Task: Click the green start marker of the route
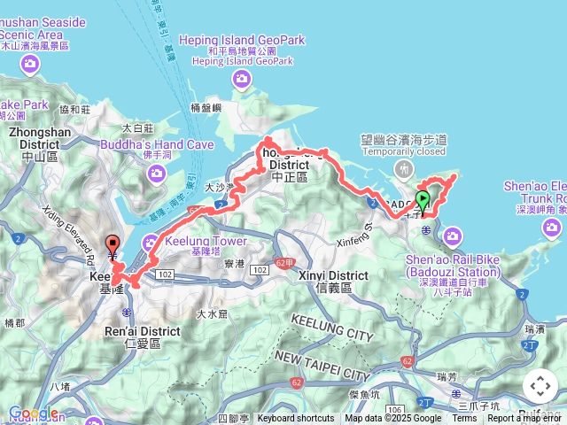[x=423, y=198]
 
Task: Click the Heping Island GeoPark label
[x=241, y=40]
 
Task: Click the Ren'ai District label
[x=140, y=331]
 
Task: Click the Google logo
[x=33, y=413]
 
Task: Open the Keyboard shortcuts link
[x=296, y=419]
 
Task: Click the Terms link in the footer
[x=464, y=419]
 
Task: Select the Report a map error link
[x=526, y=419]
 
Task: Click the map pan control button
[x=540, y=386]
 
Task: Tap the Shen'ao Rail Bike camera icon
[x=454, y=236]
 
